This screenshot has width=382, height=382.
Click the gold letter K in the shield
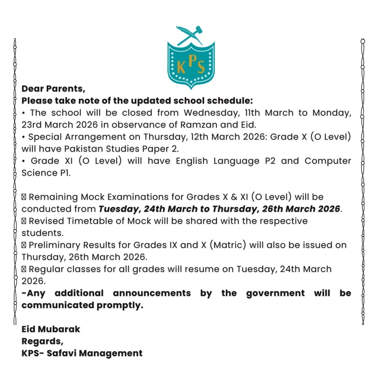[x=181, y=67]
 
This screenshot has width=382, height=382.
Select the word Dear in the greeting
[x=33, y=88]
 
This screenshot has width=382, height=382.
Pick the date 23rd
[x=33, y=125]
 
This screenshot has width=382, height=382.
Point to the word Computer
[x=328, y=161]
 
